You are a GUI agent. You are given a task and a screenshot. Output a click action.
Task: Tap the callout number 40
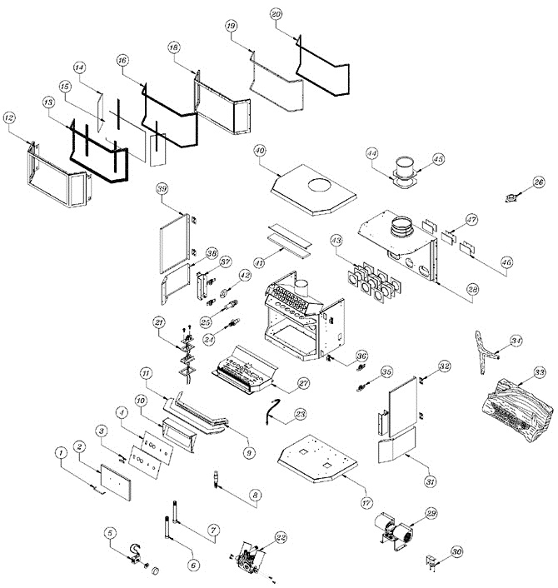click(259, 151)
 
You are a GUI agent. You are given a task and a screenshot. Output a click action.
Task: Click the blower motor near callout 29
click(393, 527)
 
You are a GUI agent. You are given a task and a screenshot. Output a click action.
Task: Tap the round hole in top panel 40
click(316, 184)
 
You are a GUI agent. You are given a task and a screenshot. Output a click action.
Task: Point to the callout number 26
click(539, 181)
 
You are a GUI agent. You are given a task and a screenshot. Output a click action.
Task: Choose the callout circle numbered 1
click(61, 453)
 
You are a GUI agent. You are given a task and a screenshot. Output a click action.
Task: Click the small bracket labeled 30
click(434, 563)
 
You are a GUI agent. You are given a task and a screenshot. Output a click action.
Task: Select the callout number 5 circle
click(109, 533)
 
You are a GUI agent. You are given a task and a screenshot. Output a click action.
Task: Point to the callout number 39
click(162, 189)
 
